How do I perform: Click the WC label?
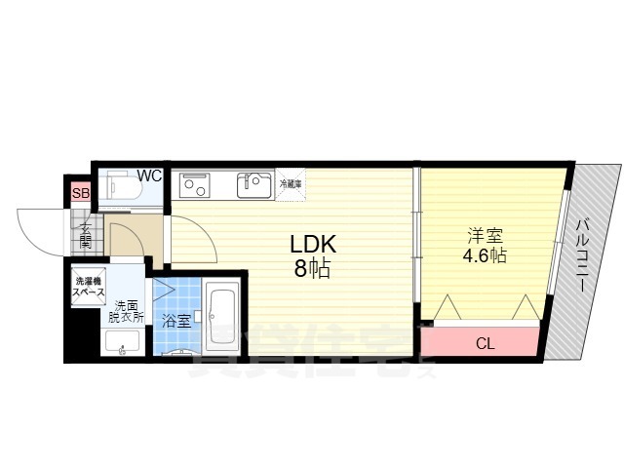[x=149, y=175]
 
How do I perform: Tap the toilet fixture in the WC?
[x=121, y=186]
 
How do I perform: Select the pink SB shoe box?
[x=81, y=193]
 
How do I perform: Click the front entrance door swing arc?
[x=39, y=231]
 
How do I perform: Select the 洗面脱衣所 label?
[x=127, y=311]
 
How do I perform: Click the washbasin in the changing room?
[x=121, y=342]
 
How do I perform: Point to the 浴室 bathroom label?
[x=176, y=320]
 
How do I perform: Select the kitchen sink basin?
[x=256, y=183]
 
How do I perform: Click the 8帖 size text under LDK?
[x=312, y=269]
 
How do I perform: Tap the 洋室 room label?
[x=484, y=235]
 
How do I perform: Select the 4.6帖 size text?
[x=485, y=255]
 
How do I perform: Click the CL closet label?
[x=484, y=342]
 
